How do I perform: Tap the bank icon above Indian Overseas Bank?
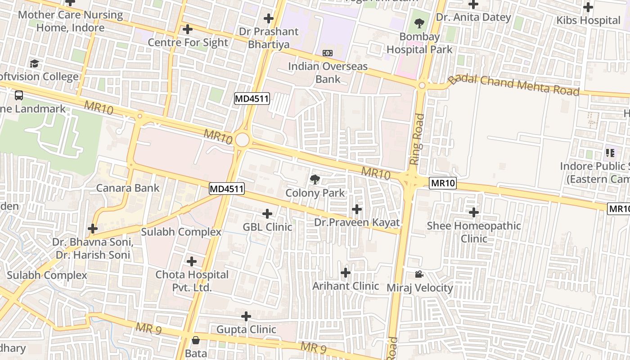[328, 53]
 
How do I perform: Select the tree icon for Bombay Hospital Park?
[419, 22]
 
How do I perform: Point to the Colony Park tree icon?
[315, 180]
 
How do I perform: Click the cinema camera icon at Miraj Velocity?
[419, 274]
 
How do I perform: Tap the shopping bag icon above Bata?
[196, 340]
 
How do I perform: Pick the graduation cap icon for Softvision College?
[34, 63]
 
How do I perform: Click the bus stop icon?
[19, 95]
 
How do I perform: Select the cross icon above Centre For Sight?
[188, 30]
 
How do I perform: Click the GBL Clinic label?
[267, 227]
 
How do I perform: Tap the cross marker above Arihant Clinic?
[346, 273]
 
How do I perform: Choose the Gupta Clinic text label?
[246, 329]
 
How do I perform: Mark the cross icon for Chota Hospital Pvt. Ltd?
[192, 261]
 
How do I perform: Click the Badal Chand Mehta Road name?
[513, 85]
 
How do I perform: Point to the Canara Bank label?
[128, 188]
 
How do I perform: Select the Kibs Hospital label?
[588, 20]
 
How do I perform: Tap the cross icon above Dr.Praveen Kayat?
[357, 209]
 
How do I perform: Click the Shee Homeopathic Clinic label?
[474, 232]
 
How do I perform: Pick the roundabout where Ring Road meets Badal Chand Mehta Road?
[422, 85]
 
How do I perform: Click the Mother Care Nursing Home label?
[70, 21]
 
